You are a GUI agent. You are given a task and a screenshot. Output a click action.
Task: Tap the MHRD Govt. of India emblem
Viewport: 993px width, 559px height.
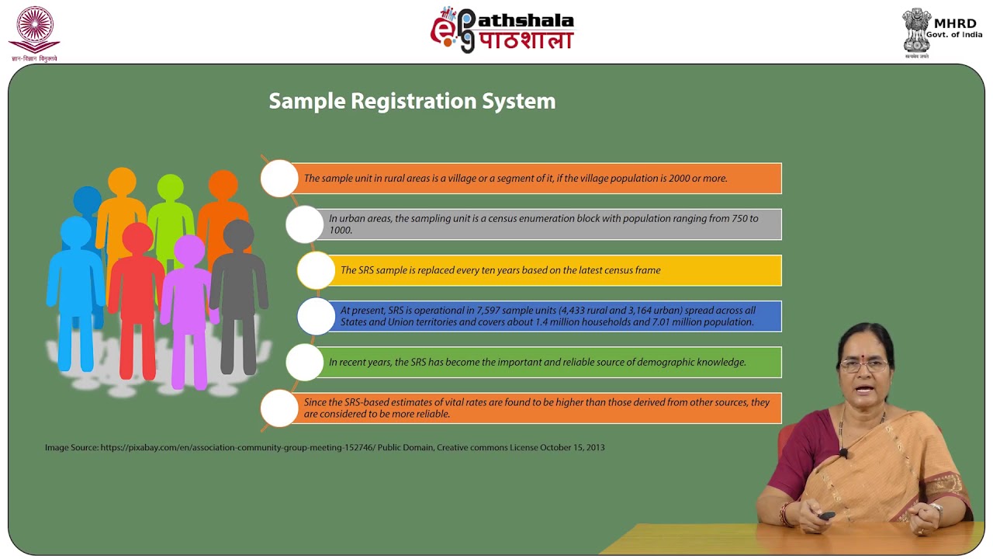click(x=916, y=31)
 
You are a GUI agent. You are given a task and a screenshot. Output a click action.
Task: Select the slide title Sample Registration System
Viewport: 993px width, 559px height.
click(x=412, y=101)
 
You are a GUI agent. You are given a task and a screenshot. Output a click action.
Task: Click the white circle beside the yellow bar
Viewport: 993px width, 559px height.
click(x=316, y=270)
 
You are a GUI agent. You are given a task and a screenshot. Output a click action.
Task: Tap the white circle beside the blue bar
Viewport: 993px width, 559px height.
click(x=316, y=316)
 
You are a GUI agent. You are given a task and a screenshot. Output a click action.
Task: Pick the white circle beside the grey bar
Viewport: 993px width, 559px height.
click(x=304, y=224)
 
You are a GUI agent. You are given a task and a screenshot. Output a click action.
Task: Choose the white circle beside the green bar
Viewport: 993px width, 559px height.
click(x=304, y=362)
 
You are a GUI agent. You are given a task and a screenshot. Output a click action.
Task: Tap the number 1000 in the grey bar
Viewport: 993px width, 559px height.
click(x=340, y=231)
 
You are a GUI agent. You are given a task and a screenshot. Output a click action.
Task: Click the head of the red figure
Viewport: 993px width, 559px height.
click(x=138, y=238)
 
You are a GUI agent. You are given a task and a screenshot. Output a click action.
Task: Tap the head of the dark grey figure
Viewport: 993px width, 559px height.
click(x=238, y=235)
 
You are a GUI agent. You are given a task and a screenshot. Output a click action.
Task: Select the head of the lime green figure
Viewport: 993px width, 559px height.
click(x=171, y=188)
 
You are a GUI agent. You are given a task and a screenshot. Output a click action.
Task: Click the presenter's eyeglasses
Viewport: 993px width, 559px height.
click(x=863, y=365)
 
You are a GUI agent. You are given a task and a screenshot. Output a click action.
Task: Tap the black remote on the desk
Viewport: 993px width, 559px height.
click(x=827, y=516)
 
